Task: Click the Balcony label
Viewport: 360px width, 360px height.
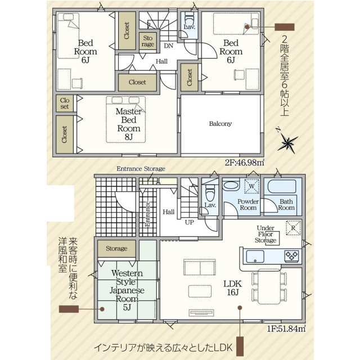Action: pos(220,124)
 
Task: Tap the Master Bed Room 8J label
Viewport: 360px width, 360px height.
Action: pos(129,124)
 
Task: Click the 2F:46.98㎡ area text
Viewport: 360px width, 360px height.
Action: pos(244,163)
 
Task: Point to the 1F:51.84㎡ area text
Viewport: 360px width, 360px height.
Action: pos(286,328)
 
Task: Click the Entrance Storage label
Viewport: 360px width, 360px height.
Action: pos(141,169)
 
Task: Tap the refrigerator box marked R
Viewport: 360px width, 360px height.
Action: pos(293,228)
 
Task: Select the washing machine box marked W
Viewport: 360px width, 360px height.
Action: pos(252,186)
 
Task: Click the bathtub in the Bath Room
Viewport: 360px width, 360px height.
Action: pos(282,186)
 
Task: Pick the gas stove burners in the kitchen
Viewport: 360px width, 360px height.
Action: pos(291,256)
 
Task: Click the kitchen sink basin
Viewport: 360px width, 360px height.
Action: pos(255,256)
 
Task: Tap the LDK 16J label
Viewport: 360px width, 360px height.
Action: pos(232,288)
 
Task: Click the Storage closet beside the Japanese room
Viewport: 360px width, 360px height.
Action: pos(116,249)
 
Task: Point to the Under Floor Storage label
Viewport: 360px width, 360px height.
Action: pos(265,234)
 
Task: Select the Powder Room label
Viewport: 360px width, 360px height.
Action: pos(248,205)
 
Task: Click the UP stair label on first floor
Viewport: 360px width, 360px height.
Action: pos(190,222)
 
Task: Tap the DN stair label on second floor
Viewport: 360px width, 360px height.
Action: pos(169,46)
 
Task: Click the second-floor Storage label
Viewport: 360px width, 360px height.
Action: pos(147,41)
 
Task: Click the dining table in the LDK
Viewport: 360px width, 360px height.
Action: pos(269,286)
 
